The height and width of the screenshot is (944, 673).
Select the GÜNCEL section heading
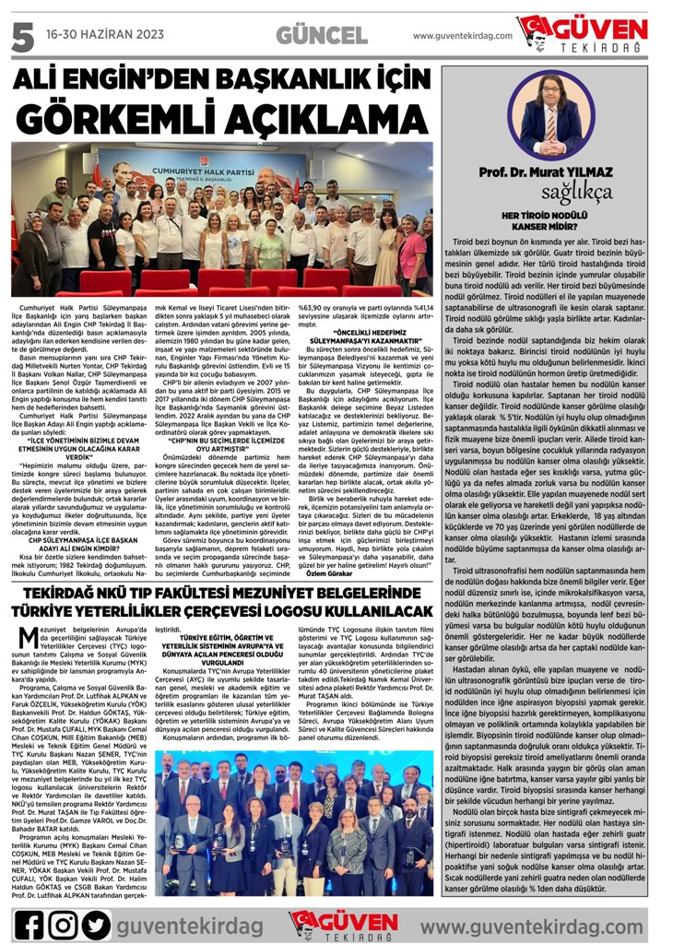[322, 36]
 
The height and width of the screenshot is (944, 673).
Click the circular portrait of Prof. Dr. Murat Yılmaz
[550, 114]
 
